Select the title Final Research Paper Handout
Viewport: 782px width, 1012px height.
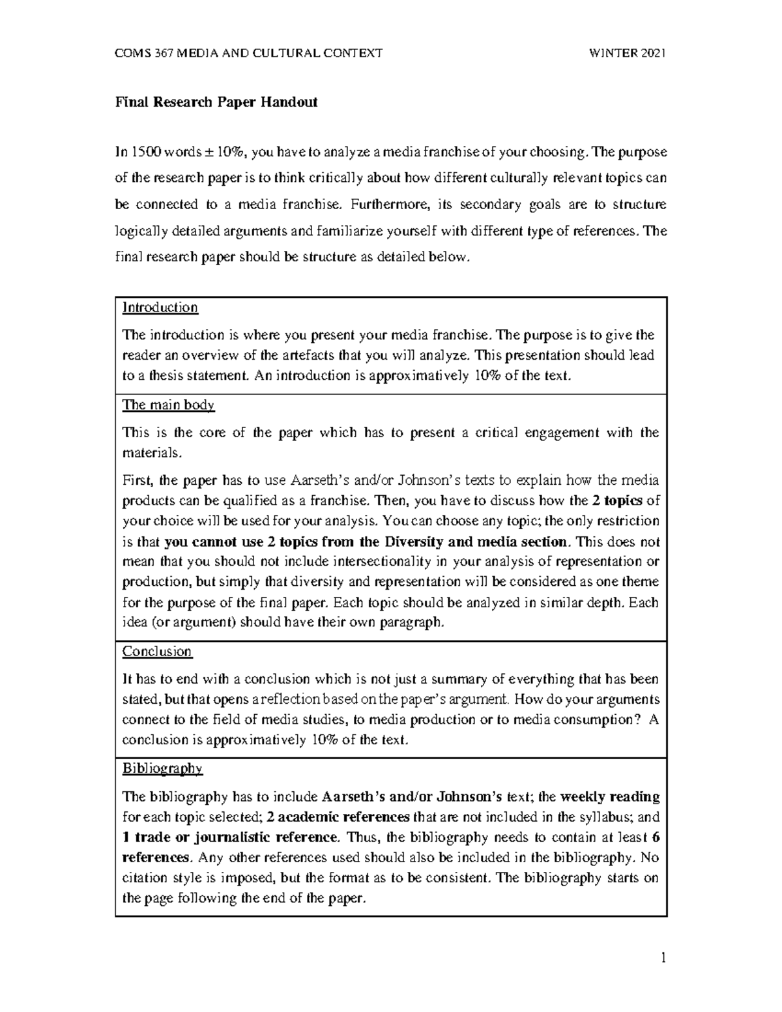(x=216, y=102)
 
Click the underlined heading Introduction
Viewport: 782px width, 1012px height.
(x=160, y=308)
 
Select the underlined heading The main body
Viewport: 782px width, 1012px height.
(x=168, y=405)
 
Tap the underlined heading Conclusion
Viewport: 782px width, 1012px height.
(x=157, y=652)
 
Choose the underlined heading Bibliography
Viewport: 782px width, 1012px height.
(x=163, y=768)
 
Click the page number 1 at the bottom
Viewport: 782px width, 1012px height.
(x=663, y=958)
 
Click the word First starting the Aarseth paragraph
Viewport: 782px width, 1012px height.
(x=136, y=481)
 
